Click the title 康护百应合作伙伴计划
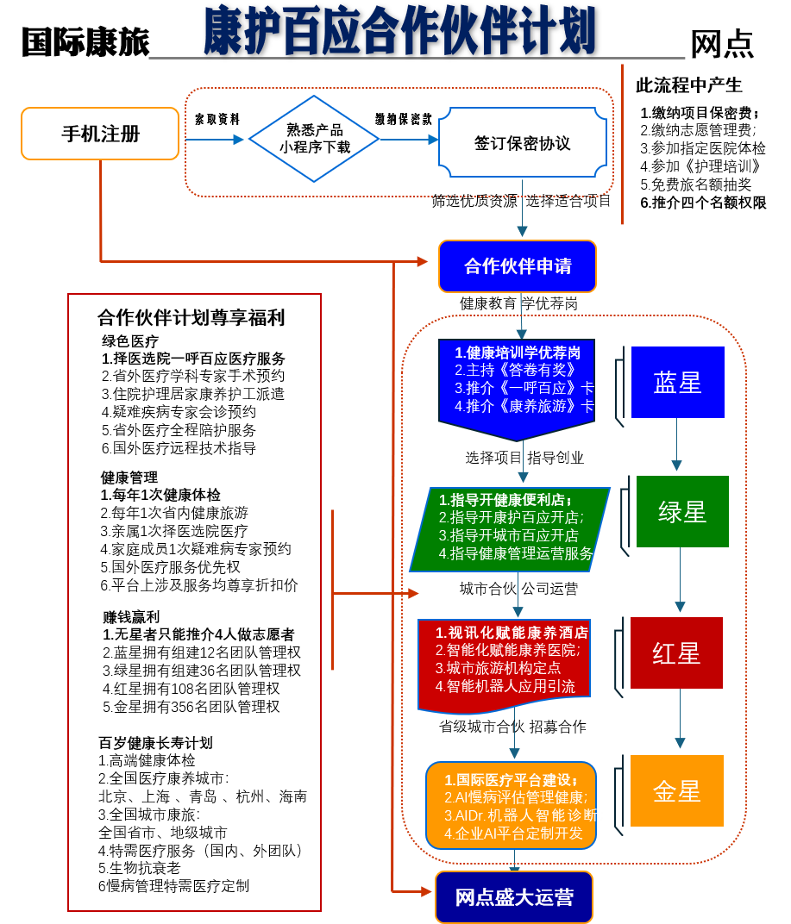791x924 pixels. point(399,31)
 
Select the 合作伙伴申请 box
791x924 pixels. point(518,266)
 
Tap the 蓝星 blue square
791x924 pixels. point(677,383)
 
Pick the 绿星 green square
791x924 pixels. point(682,512)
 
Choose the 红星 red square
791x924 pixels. point(676,653)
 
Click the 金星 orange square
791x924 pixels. point(677,791)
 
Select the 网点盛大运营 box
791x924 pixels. point(514,897)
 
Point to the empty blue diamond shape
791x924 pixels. point(314,139)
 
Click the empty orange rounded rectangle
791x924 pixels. point(100,134)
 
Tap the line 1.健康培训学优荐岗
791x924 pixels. point(518,353)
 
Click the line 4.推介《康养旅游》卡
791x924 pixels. point(524,406)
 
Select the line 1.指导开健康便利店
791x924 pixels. point(505,500)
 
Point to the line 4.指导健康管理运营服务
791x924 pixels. point(516,553)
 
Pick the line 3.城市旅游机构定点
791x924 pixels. point(499,668)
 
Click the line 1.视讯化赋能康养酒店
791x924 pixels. point(512,633)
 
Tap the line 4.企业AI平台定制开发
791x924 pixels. point(514,833)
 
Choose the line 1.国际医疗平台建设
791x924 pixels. point(511,780)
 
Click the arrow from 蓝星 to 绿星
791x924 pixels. point(676,445)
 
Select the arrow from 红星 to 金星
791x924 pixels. point(680,721)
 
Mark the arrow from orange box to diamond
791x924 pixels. point(214,139)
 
